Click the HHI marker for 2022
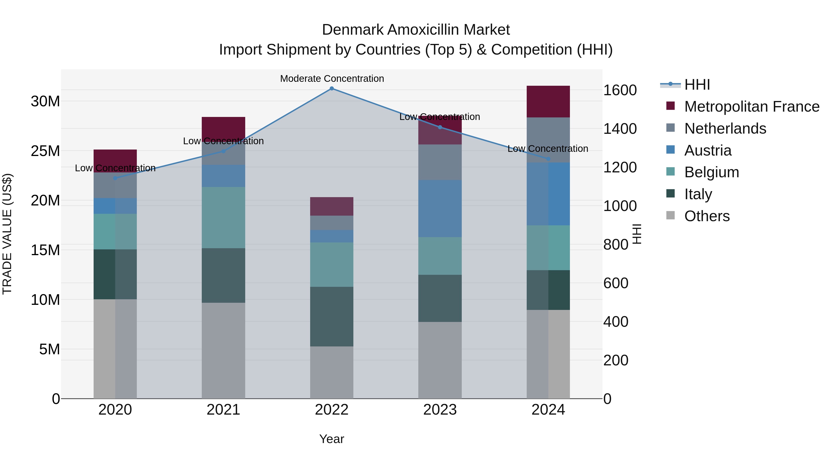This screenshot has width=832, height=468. pyautogui.click(x=331, y=88)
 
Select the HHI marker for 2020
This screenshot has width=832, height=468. pyautogui.click(x=115, y=178)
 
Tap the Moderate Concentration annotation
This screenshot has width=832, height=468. pyautogui.click(x=332, y=79)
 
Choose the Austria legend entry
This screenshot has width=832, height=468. pyautogui.click(x=708, y=150)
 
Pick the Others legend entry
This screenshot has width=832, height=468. pyautogui.click(x=707, y=216)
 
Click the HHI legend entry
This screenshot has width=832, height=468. pyautogui.click(x=697, y=84)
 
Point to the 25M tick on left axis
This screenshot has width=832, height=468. pyautogui.click(x=45, y=151)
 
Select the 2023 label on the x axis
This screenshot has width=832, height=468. pyautogui.click(x=440, y=410)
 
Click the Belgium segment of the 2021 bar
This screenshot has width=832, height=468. pyautogui.click(x=223, y=217)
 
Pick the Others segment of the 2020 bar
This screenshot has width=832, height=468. pyautogui.click(x=115, y=349)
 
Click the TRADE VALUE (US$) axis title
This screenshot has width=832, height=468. pyautogui.click(x=7, y=234)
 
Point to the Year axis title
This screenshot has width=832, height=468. pyautogui.click(x=331, y=439)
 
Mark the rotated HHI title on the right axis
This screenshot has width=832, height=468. pyautogui.click(x=636, y=234)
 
